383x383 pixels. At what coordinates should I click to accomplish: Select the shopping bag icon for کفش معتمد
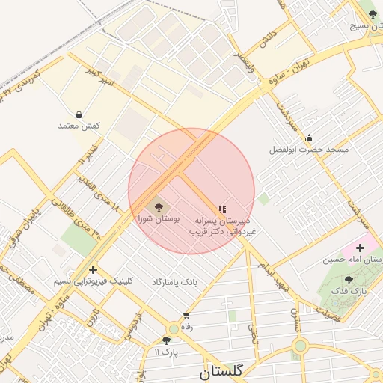coord(79,114)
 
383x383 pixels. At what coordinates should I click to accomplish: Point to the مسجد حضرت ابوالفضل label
coord(310,150)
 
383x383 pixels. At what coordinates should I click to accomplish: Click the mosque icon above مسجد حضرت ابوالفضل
coord(309,138)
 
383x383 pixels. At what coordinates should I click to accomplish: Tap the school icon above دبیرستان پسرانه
coord(221,210)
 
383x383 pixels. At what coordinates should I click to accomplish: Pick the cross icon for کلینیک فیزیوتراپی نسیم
coord(93,269)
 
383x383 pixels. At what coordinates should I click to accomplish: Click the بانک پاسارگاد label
coord(174,282)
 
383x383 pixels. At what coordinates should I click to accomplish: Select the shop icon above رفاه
coord(186,316)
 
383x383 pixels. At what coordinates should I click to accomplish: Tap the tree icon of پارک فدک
coord(349,281)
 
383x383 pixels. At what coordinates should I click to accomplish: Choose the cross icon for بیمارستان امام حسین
coord(360,247)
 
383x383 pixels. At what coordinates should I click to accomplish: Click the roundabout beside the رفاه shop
coord(174,328)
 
